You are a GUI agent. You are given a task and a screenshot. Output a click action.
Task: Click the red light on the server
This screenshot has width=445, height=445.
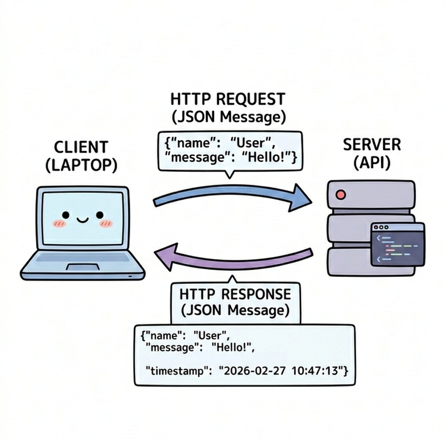pos(341,195)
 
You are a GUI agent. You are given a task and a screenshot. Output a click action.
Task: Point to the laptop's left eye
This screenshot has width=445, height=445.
pos(66,215)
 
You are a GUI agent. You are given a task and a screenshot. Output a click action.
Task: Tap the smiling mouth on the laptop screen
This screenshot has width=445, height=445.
pos(82,220)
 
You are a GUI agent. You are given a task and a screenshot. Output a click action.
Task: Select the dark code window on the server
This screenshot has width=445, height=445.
pos(397,245)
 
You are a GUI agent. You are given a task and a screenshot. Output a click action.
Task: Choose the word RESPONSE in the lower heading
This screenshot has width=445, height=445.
pos(256,294)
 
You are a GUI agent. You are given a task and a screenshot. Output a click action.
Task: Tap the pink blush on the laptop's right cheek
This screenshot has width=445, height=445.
pos(105,223)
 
